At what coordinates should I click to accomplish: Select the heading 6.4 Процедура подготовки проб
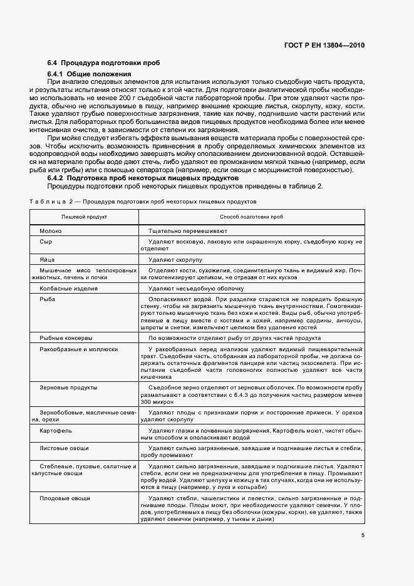point(103,63)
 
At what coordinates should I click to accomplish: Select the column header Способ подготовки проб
point(251,216)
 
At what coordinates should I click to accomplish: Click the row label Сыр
point(46,241)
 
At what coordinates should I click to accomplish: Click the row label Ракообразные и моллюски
point(78,348)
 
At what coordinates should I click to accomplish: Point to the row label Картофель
point(56,431)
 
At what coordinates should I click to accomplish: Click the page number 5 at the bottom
point(363,535)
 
